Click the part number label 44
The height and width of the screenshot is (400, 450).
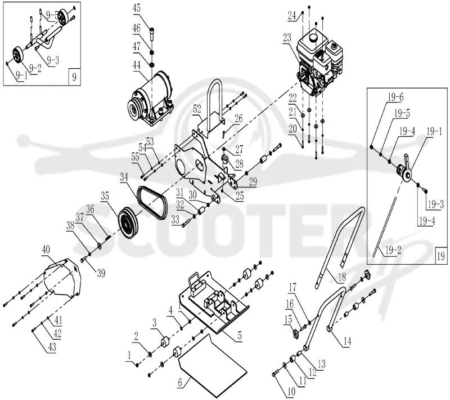tap(137, 65)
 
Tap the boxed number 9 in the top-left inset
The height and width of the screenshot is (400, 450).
tap(75, 77)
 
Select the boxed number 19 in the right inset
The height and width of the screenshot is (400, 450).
tap(441, 255)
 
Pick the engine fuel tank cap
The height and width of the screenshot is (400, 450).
tap(312, 37)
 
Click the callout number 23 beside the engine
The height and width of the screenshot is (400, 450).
tap(287, 38)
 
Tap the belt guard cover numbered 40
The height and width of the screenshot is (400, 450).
tap(62, 278)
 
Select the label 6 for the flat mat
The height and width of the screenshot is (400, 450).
tap(180, 383)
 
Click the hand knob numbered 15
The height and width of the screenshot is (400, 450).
tap(295, 334)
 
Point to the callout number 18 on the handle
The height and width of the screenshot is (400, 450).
tap(342, 277)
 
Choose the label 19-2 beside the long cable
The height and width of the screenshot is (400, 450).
tap(393, 250)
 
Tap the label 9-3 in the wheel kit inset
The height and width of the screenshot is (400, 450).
tap(53, 60)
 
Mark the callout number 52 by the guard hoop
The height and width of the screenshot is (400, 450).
tap(197, 109)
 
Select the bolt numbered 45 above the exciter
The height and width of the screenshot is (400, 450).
tap(152, 33)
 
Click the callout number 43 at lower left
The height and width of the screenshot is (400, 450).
tap(52, 347)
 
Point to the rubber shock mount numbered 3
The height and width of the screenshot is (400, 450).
tap(164, 342)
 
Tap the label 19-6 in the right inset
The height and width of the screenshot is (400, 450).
tap(395, 97)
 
